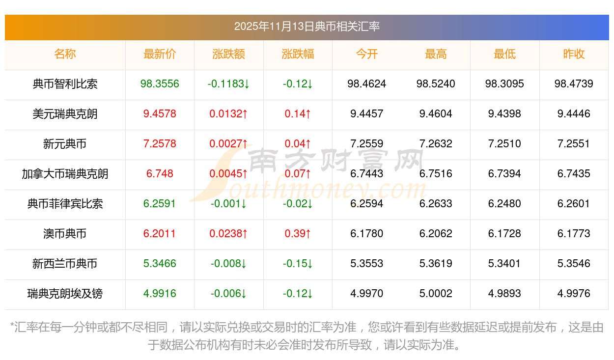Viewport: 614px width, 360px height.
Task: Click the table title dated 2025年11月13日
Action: (307, 27)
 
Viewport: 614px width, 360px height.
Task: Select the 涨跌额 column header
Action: (229, 54)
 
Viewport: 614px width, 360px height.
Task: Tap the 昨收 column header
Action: (574, 54)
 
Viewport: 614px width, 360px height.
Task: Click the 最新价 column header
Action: (160, 54)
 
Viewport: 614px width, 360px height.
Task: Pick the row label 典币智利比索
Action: (65, 84)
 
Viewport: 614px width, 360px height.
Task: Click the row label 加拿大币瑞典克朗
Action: (65, 174)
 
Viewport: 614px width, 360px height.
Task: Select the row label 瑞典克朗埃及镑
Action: (65, 294)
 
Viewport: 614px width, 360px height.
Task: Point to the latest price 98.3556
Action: (160, 84)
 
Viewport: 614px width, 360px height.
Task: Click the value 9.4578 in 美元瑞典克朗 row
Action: (160, 114)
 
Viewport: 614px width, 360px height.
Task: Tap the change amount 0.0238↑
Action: (229, 234)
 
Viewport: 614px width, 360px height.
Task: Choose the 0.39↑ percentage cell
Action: (298, 234)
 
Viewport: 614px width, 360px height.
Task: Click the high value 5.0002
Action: (436, 294)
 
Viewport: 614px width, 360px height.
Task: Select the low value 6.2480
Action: (504, 204)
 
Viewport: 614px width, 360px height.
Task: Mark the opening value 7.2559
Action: (366, 144)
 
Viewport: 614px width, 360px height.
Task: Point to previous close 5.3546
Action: (574, 264)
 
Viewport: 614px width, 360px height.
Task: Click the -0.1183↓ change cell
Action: (229, 84)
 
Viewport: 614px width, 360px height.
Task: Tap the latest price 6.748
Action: (160, 174)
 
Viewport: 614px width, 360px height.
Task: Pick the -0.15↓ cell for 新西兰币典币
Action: (298, 264)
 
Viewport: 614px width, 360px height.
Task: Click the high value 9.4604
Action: (436, 114)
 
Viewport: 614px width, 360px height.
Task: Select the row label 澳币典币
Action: (65, 234)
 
